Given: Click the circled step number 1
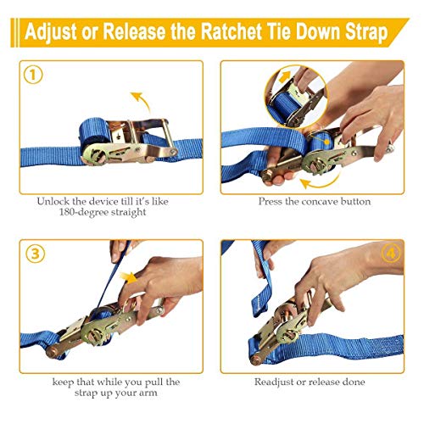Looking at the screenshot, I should (x=31, y=74).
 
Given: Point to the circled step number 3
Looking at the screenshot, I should (x=31, y=253).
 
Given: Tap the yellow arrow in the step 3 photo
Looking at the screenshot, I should (x=130, y=277).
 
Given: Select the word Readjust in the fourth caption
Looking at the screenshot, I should (x=286, y=382).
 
